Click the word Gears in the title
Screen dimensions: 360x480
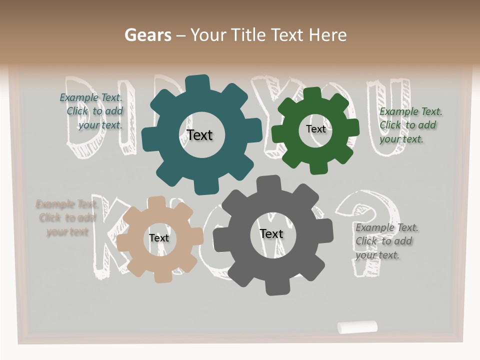pos(147,35)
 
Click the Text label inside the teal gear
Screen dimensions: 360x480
pos(199,135)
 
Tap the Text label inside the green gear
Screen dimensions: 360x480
pos(315,129)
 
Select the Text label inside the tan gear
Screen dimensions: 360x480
pos(159,238)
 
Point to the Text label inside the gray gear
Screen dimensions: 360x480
pos(271,233)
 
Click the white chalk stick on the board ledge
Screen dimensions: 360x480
pos(357,327)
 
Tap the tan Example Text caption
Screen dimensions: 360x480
pos(66,218)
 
